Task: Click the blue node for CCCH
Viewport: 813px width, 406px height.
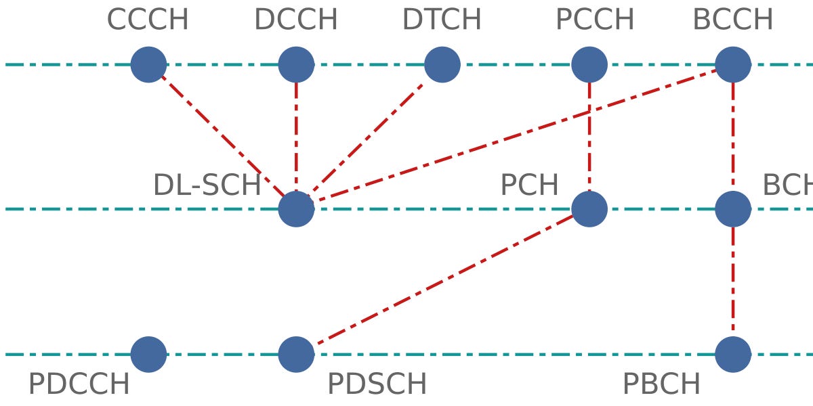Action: coord(148,65)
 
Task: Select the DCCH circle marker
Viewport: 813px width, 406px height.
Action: coord(296,65)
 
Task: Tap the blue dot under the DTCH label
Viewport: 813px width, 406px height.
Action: coord(442,65)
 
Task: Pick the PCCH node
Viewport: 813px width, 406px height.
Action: coord(589,65)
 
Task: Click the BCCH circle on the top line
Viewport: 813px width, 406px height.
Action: coord(733,65)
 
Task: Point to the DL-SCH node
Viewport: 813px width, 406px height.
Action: coord(296,209)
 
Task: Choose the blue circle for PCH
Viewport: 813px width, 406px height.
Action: coord(589,209)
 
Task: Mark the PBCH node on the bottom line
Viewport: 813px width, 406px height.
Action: coord(733,354)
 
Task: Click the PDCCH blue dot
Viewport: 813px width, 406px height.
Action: coord(148,354)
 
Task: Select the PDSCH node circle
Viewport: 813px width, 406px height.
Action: coord(296,354)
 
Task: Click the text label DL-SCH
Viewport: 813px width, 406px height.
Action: coord(207,185)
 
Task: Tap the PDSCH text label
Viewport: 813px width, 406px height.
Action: coord(377,384)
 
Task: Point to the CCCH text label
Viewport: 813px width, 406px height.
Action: coord(148,20)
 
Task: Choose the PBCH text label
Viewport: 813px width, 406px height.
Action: coord(661,384)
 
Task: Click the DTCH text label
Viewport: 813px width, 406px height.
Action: coord(442,20)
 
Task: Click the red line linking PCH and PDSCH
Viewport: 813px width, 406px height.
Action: coord(443,281)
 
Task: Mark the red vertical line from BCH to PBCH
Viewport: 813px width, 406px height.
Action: coord(733,281)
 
